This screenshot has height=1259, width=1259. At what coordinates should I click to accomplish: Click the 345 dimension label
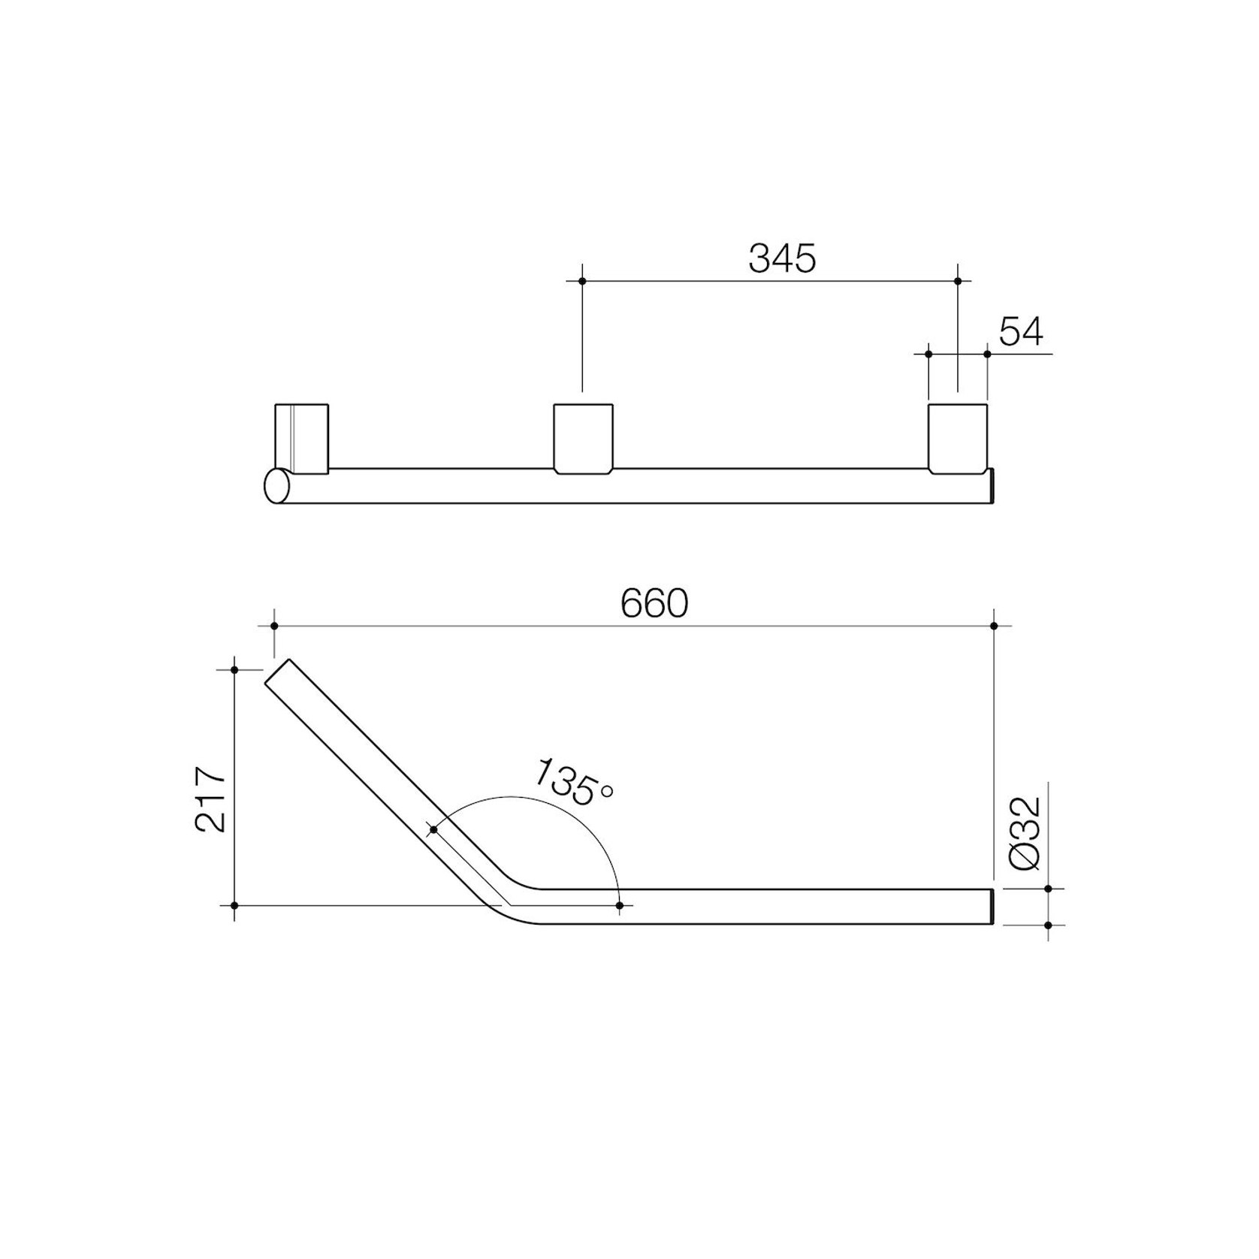(782, 258)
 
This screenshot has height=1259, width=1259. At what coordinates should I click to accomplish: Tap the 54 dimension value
(1021, 331)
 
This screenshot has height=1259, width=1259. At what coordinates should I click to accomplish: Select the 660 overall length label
(654, 603)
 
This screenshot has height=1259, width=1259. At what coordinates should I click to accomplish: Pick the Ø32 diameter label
(1025, 834)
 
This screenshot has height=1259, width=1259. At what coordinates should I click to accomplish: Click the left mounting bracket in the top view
(302, 439)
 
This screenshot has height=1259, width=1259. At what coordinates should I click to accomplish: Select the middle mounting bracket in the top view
(584, 439)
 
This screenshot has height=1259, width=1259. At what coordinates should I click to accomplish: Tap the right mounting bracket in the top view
(958, 439)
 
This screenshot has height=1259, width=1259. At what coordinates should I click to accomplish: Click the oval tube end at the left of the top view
(276, 485)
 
